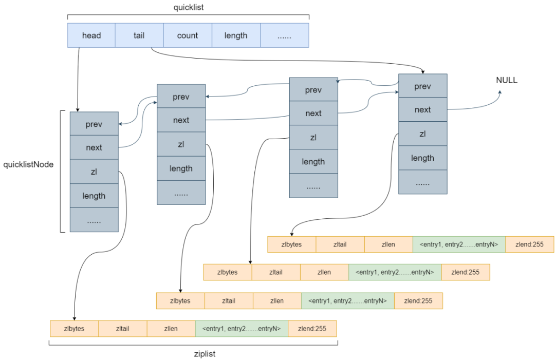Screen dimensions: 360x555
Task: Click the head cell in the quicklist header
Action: [x=91, y=35]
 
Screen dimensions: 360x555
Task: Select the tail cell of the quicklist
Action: [x=139, y=35]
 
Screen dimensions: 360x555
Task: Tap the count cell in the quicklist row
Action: [x=188, y=35]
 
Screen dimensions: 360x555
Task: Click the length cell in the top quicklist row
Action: [x=236, y=35]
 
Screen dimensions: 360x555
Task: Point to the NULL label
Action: [x=507, y=81]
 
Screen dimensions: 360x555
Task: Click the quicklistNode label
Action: [x=29, y=165]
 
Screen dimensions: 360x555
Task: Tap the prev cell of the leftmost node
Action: [x=94, y=124]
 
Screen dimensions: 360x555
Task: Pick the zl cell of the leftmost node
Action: [x=94, y=172]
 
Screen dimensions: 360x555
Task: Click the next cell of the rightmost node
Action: [x=422, y=109]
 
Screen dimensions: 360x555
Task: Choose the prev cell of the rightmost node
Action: [x=422, y=86]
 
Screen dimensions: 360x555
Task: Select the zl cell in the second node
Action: [x=181, y=144]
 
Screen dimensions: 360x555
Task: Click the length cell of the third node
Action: [x=313, y=162]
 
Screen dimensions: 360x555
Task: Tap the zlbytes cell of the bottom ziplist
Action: [x=74, y=329]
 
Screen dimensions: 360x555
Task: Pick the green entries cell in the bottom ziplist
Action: [x=242, y=329]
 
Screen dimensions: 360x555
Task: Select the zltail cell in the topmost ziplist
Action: [x=340, y=244]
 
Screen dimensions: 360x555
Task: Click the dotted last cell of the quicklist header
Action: [x=284, y=35]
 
